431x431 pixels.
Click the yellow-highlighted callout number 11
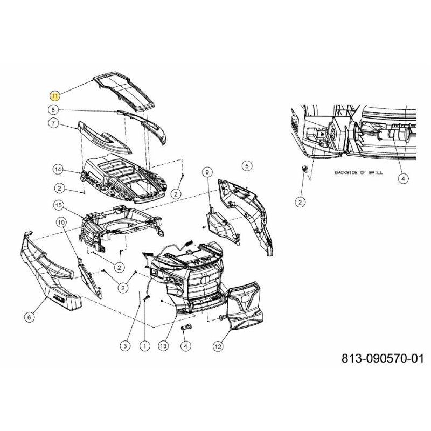54,95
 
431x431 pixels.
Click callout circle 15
59,205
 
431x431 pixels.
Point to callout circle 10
61,221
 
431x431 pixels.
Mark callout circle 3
126,345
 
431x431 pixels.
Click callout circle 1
144,345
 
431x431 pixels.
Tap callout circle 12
218,347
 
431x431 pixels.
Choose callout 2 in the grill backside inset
300,201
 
